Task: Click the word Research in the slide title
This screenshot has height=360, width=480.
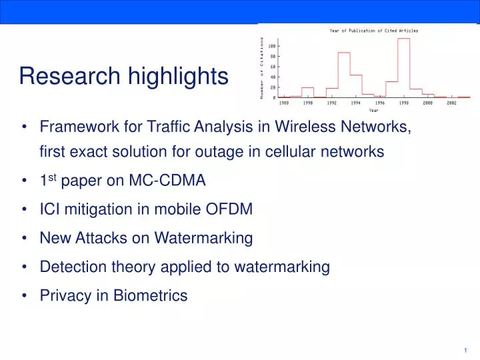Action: pyautogui.click(x=61, y=77)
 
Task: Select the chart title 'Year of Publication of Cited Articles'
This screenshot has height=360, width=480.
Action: pyautogui.click(x=373, y=31)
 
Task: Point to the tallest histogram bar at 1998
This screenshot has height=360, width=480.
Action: pyautogui.click(x=403, y=67)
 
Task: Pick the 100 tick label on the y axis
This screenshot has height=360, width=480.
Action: pyautogui.click(x=271, y=45)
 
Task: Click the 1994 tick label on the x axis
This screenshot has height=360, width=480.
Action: pyautogui.click(x=355, y=103)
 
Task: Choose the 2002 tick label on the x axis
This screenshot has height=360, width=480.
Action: pyautogui.click(x=451, y=103)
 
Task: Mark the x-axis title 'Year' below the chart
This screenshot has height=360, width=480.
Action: pyautogui.click(x=373, y=111)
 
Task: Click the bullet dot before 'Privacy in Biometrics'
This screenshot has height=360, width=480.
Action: pyautogui.click(x=24, y=296)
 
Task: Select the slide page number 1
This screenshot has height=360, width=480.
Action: pyautogui.click(x=464, y=351)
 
